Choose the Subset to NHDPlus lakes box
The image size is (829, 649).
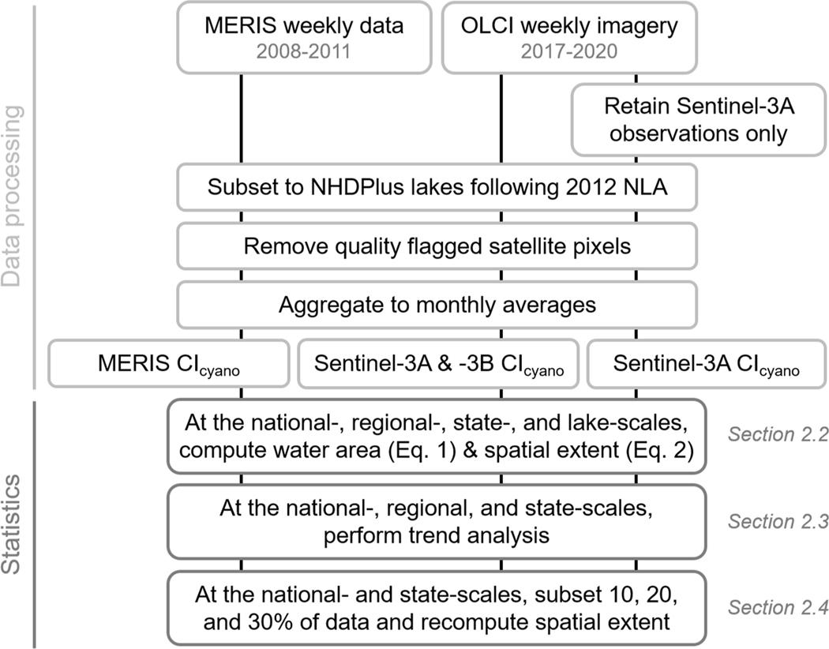pos(437,189)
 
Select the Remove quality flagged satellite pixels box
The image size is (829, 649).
pos(437,246)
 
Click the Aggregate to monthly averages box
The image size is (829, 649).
pos(437,304)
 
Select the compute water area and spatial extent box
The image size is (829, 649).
pos(437,434)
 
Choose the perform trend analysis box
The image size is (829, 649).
pos(437,521)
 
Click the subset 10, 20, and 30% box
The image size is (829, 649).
pos(437,607)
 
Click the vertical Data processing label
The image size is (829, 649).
pos(13,197)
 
